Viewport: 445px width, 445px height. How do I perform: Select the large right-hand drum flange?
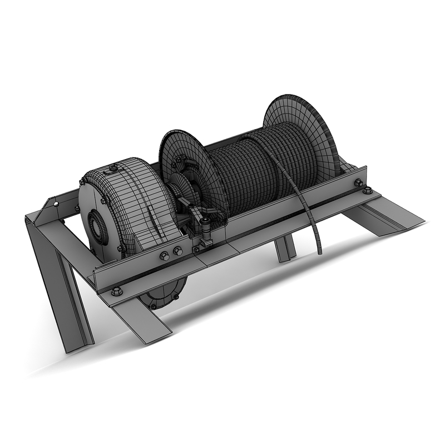pyautogui.click(x=303, y=131)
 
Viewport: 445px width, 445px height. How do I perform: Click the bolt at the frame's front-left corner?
pyautogui.click(x=117, y=290)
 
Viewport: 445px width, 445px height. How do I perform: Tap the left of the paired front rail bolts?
pyautogui.click(x=165, y=255)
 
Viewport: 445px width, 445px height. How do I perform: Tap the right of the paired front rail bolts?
pyautogui.click(x=178, y=251)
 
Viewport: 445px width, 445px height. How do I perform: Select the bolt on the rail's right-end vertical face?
pyautogui.click(x=358, y=182)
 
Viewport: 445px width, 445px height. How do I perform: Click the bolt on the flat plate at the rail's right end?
pyautogui.click(x=367, y=191)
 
